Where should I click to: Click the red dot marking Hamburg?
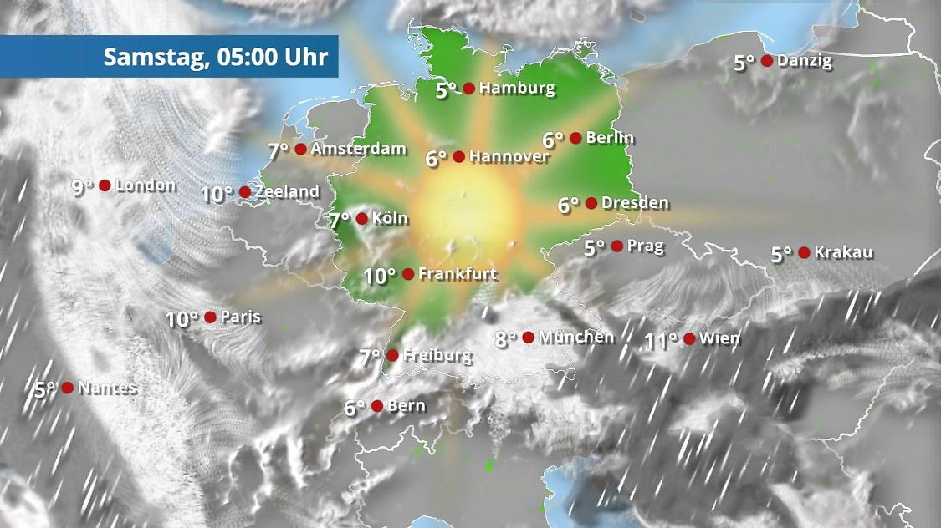point(469,88)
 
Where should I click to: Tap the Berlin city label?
point(610,138)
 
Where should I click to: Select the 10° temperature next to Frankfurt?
point(380,275)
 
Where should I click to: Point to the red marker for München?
point(528,338)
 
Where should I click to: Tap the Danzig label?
point(804,61)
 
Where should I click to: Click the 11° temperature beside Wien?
point(661,340)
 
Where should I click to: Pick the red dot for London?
point(105,185)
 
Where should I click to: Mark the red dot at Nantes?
point(67,388)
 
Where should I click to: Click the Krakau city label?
point(843,252)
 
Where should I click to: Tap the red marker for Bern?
point(377,406)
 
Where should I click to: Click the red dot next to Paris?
point(210,317)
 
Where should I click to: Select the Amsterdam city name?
point(358,150)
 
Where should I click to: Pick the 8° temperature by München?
point(506,339)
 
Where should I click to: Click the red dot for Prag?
point(616,246)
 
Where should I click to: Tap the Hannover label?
point(509,156)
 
